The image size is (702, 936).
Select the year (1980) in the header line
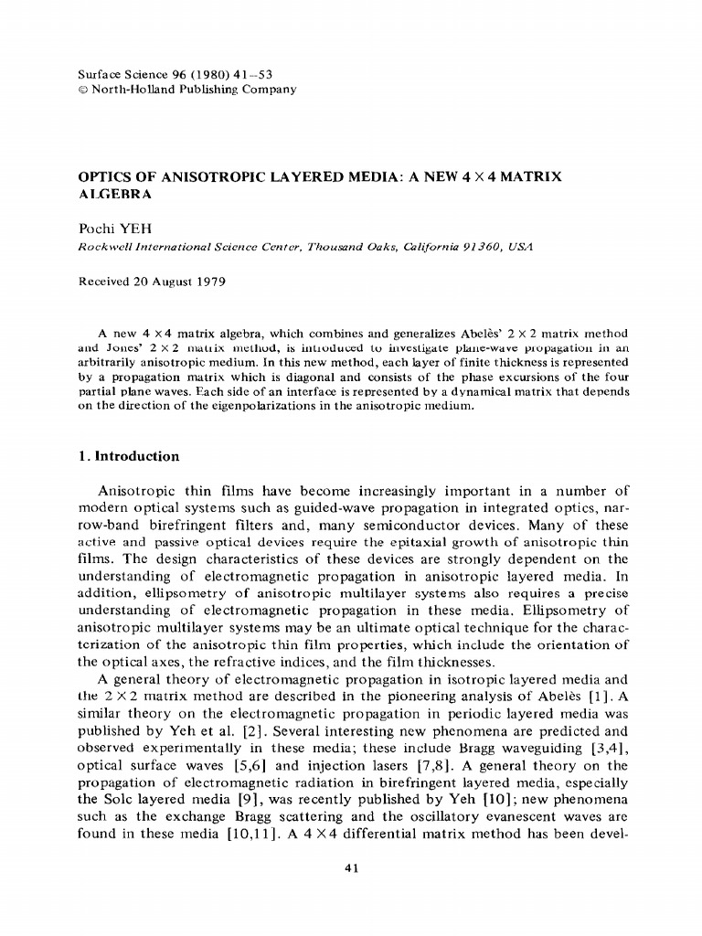(x=191, y=75)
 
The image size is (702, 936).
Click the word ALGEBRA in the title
(x=115, y=194)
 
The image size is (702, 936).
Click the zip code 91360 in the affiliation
(x=474, y=247)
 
